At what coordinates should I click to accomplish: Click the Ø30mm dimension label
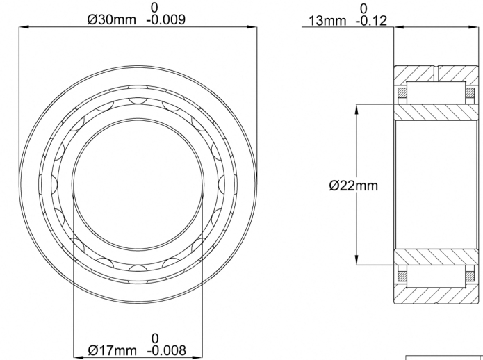click(111, 20)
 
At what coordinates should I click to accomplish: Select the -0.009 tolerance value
click(166, 20)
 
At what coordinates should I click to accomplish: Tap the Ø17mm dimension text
click(112, 350)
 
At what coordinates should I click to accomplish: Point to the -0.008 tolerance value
click(167, 350)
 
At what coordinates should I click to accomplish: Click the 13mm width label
click(327, 21)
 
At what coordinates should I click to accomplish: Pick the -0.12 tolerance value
click(371, 21)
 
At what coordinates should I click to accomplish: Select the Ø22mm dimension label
click(353, 186)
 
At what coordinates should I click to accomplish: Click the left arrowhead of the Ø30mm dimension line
click(24, 27)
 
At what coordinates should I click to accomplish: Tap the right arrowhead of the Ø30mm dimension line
click(252, 27)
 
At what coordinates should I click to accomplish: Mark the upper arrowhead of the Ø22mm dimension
click(357, 109)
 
